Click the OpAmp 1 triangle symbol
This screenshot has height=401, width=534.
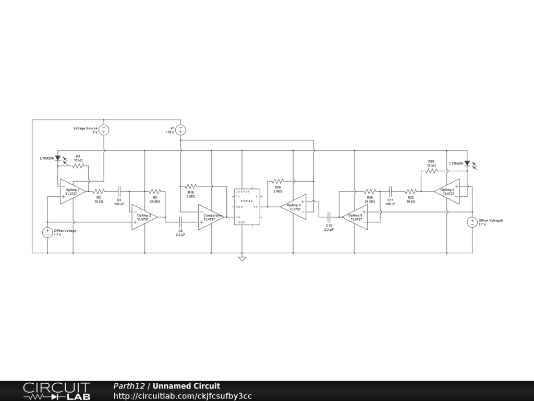(72, 192)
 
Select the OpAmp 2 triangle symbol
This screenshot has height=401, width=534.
(143, 217)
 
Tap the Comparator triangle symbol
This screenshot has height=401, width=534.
(211, 217)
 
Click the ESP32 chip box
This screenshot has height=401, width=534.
(247, 207)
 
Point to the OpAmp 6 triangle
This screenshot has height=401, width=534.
(294, 207)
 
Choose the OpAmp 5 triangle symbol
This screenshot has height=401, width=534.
(356, 217)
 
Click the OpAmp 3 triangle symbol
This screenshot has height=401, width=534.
(447, 192)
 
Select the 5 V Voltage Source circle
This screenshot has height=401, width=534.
(104, 130)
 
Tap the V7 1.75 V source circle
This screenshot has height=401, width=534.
(180, 130)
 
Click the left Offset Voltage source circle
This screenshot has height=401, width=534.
(47, 232)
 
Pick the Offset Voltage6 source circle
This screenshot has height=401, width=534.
(472, 222)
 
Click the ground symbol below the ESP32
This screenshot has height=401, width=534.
(242, 258)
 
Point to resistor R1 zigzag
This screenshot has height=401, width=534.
(78, 166)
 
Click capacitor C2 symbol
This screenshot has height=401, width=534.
(119, 192)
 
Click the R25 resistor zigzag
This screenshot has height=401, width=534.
(277, 181)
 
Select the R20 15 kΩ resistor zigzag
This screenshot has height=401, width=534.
(431, 171)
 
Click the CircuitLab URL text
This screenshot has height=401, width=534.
(183, 396)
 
